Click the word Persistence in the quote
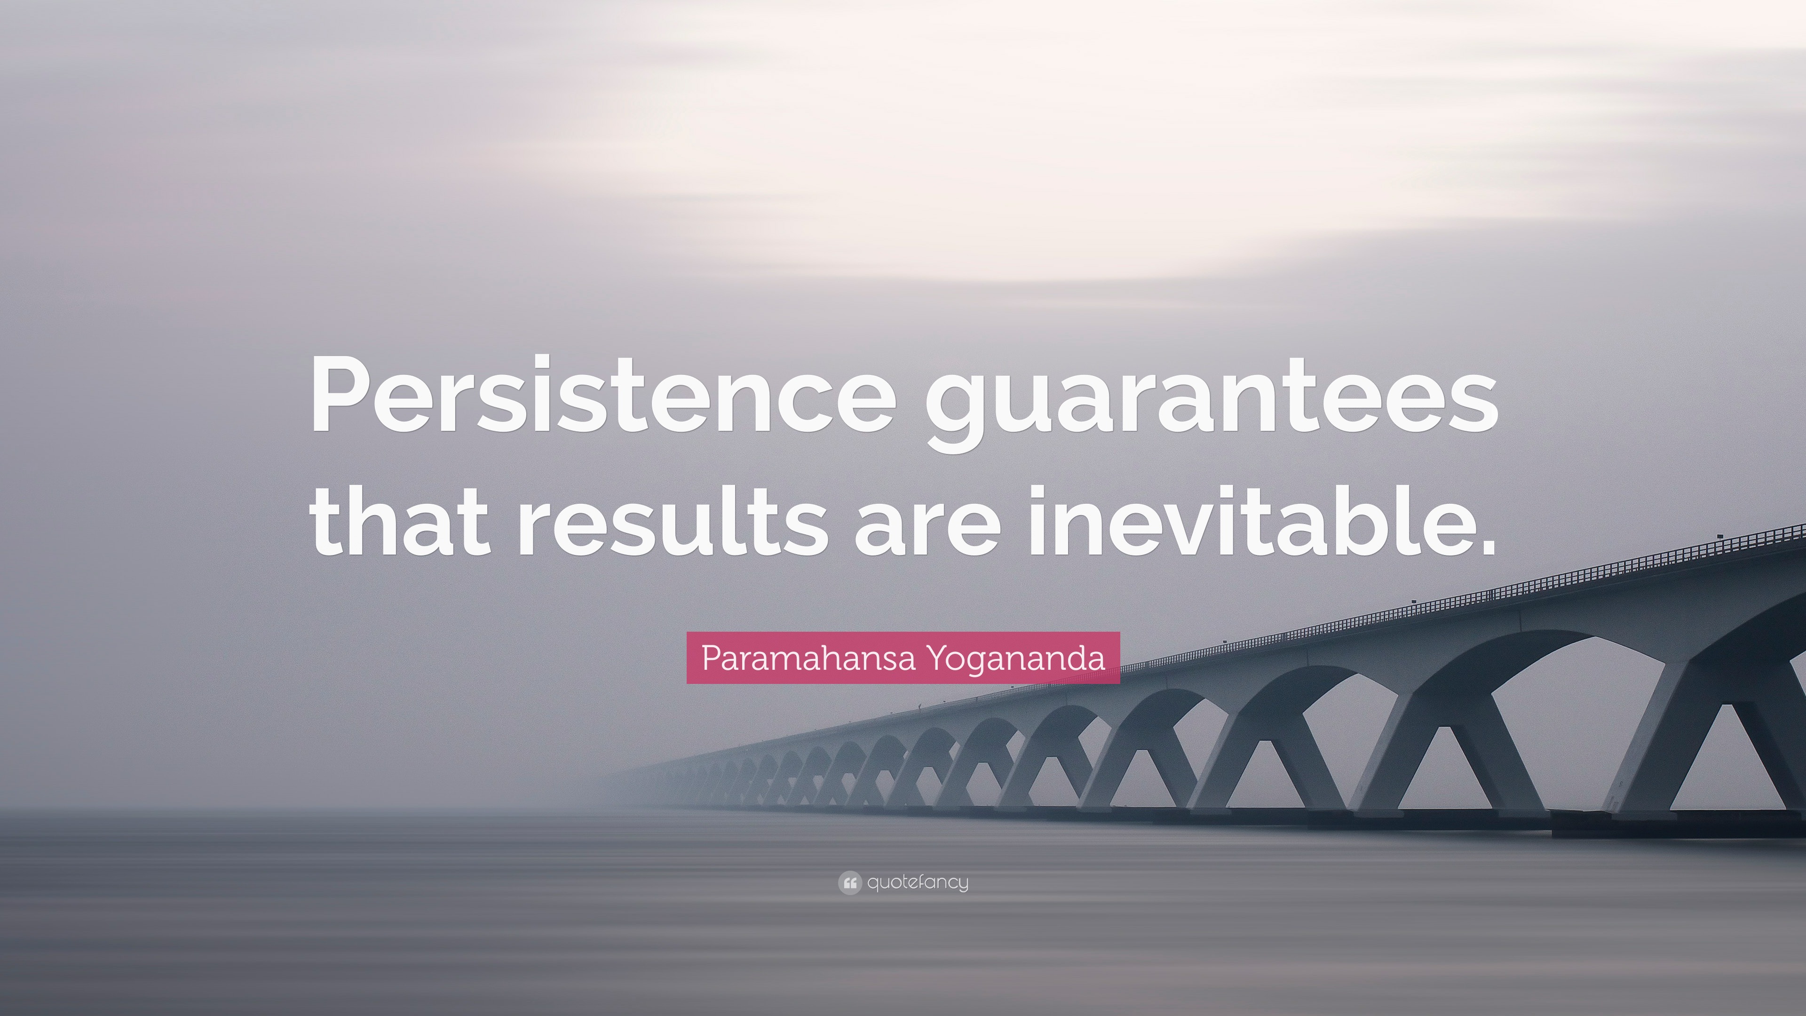coord(602,395)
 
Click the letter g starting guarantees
coord(955,414)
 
